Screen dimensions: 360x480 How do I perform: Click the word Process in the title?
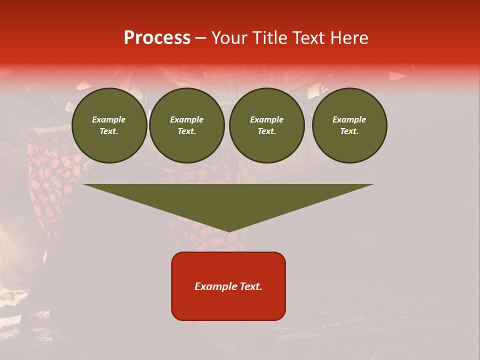tap(157, 38)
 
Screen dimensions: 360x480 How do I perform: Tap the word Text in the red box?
tap(250, 286)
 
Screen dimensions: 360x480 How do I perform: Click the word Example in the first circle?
tap(109, 119)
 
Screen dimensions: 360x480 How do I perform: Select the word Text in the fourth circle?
tap(349, 131)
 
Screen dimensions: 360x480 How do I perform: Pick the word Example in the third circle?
tap(267, 119)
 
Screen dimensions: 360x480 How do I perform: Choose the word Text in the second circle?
tap(187, 131)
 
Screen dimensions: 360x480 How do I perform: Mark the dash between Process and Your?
tap(200, 38)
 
